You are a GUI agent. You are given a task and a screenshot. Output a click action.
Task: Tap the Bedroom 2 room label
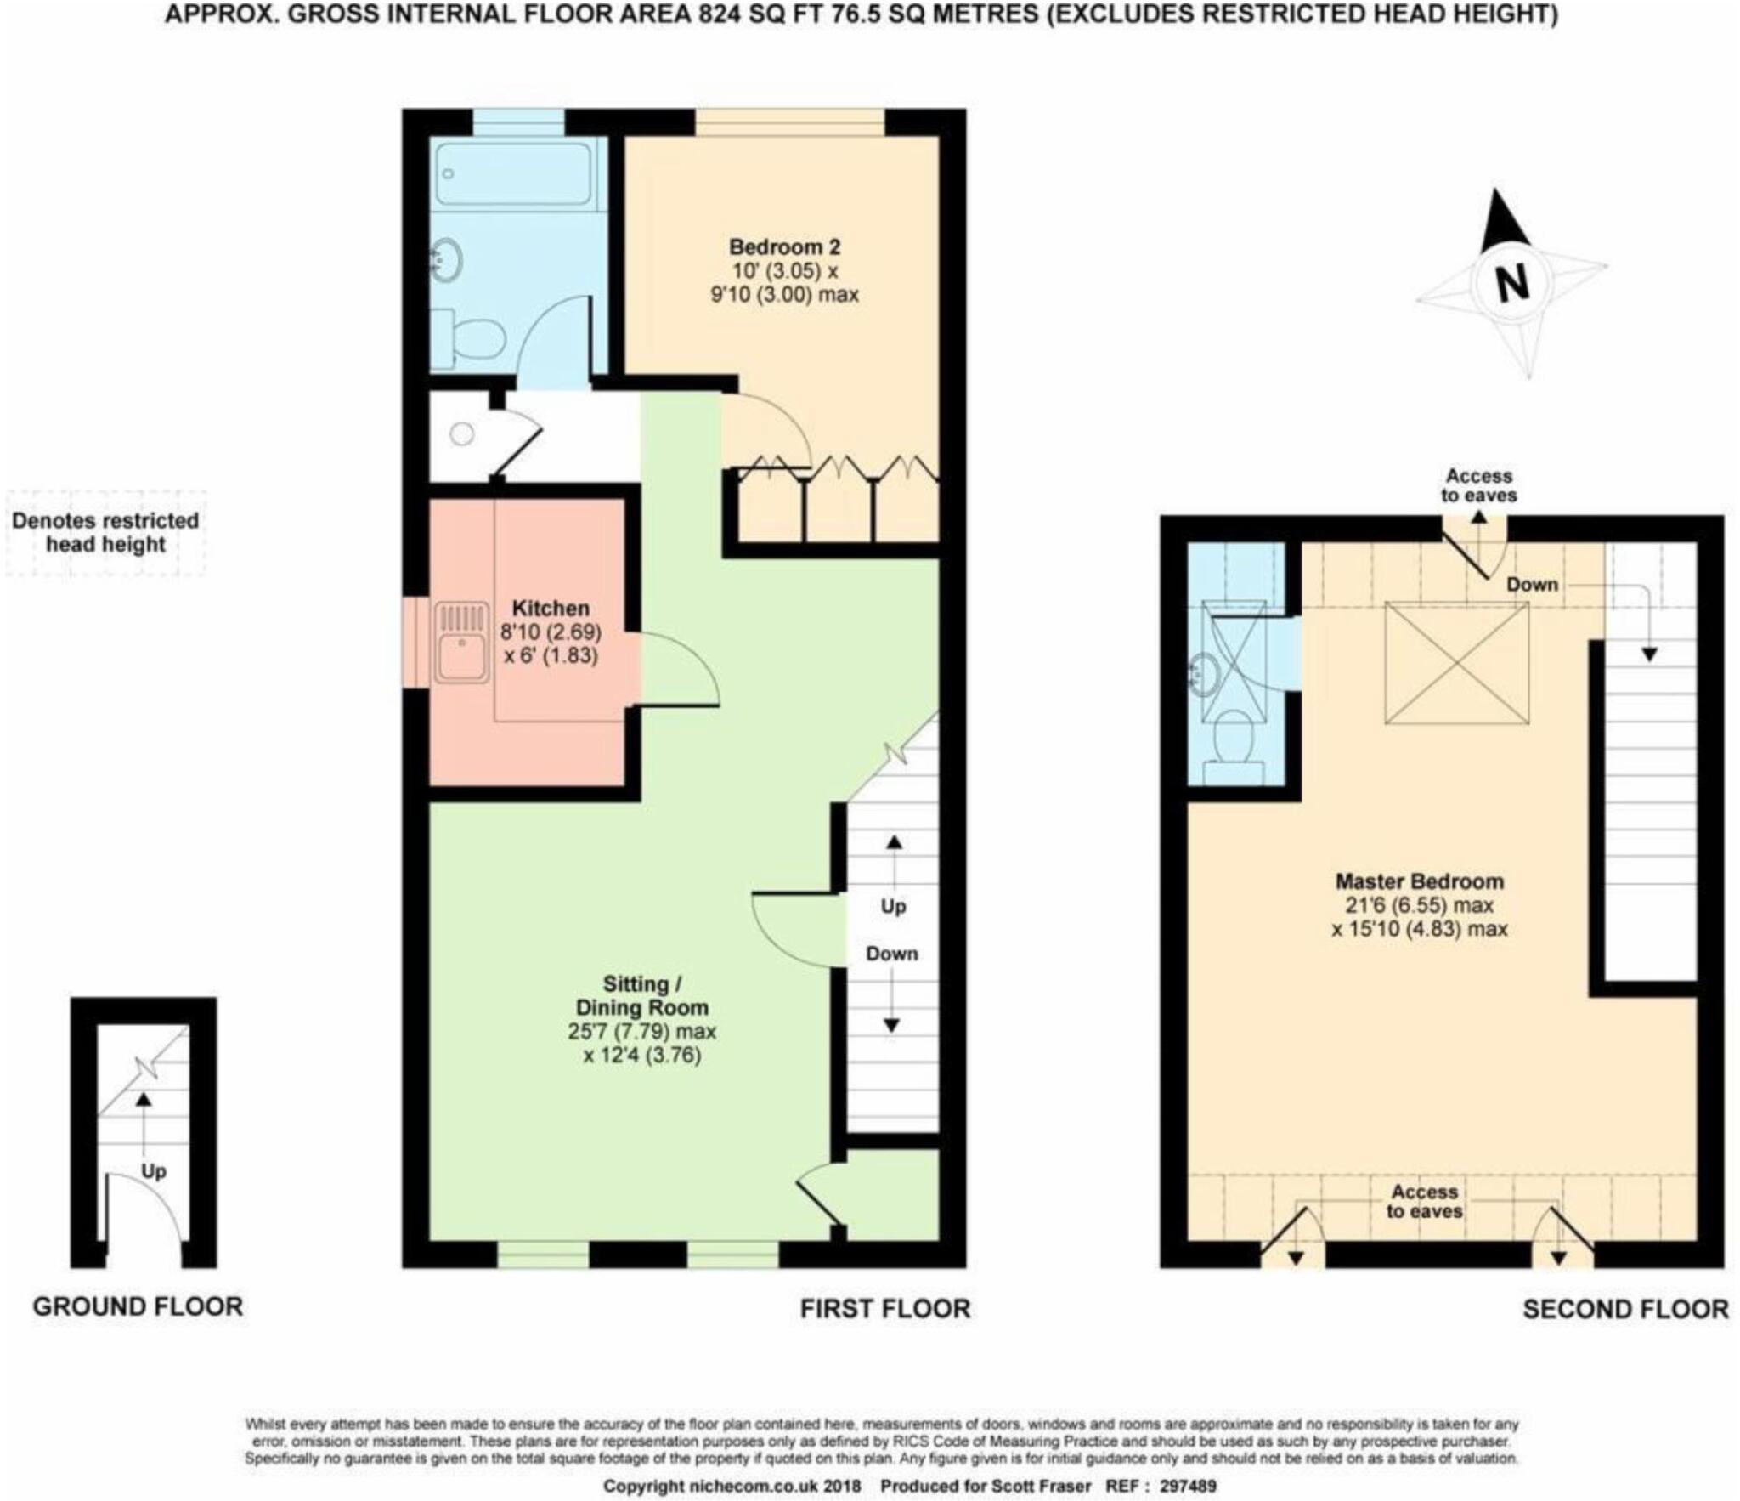784,247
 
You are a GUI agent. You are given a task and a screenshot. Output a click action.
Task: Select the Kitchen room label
551,608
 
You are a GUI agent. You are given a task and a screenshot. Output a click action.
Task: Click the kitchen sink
462,643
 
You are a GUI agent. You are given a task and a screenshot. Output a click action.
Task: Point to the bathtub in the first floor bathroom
512,173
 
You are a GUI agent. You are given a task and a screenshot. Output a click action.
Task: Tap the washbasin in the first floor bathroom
446,259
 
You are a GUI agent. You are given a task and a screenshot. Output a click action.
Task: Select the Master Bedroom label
1419,881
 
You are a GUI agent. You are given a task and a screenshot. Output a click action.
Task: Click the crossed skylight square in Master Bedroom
1456,663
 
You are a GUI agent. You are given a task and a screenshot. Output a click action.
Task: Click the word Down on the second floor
1532,584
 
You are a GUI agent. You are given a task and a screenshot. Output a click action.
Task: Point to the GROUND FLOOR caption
138,1306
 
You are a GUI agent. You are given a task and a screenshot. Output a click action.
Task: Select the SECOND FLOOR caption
1624,1309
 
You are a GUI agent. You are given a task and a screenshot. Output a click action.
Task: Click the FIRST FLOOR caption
884,1309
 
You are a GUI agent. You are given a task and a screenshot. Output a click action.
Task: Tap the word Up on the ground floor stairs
153,1171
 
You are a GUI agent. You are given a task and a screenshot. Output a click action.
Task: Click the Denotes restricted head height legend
105,532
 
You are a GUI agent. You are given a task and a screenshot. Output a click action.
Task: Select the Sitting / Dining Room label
641,996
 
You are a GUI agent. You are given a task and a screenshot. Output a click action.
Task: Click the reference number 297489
1188,1487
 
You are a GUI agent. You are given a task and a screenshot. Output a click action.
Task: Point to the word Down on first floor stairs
891,954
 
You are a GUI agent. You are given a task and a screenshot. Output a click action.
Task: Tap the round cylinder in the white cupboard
461,434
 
